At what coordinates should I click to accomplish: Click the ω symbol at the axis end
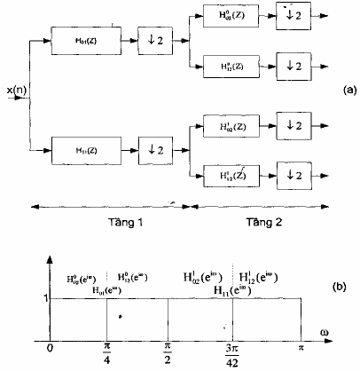tap(335, 333)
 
